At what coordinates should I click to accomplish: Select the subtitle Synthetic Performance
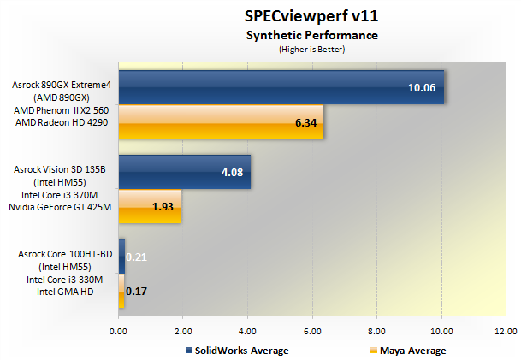coord(311,35)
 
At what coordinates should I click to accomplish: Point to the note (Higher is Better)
coord(311,49)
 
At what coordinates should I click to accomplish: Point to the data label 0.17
coord(134,292)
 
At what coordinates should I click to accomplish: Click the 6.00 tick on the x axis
coord(311,330)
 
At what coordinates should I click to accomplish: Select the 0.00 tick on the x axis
coord(118,330)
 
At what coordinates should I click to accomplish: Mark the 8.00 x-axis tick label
coord(376,330)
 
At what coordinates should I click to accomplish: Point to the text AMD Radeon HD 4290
coord(62,122)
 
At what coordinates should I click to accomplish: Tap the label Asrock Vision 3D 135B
coord(59,169)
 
